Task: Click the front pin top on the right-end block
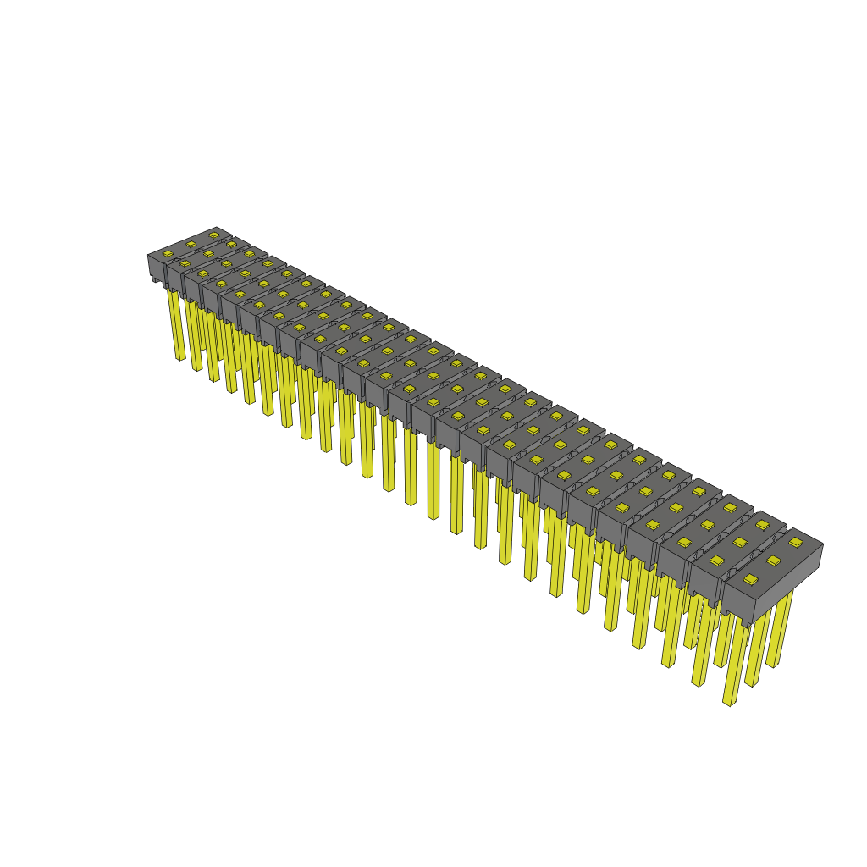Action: coord(750,580)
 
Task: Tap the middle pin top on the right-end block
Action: coord(773,561)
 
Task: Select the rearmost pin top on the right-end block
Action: coord(796,542)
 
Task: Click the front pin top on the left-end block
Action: coord(168,254)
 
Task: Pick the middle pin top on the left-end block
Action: coord(191,244)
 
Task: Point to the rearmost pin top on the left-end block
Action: coord(213,235)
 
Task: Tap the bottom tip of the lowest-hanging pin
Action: coord(728,703)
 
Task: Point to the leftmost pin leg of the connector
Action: coord(177,326)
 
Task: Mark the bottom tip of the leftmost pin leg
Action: coord(180,359)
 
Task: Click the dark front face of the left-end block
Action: coord(157,268)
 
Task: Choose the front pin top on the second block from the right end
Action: coord(717,561)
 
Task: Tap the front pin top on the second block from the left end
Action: coord(185,263)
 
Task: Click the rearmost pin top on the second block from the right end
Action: coord(762,525)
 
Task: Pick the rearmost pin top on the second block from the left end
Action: coord(231,244)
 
